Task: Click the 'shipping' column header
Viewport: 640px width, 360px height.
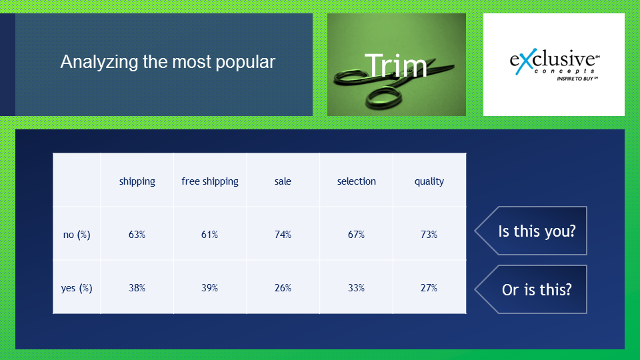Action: click(137, 181)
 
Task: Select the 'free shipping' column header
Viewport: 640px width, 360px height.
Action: click(210, 181)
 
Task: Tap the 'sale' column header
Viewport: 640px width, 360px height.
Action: click(283, 181)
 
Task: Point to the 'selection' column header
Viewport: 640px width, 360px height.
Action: click(356, 181)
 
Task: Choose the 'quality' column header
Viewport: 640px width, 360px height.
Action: click(429, 181)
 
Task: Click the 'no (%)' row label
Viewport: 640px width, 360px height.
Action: click(77, 235)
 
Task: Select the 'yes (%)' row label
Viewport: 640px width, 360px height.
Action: click(77, 288)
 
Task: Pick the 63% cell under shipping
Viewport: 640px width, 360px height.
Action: click(137, 235)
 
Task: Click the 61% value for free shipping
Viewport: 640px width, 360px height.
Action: click(210, 235)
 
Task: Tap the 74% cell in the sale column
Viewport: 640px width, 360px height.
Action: click(283, 235)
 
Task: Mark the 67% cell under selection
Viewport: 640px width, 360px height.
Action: click(356, 235)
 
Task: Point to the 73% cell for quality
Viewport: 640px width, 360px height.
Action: click(429, 235)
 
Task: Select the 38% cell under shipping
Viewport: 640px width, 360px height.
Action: click(137, 288)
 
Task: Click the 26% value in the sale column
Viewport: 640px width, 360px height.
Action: click(283, 288)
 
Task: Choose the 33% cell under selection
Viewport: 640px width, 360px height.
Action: click(356, 288)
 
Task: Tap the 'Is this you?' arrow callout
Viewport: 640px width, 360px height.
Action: click(531, 231)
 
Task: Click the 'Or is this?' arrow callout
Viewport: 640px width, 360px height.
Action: click(531, 289)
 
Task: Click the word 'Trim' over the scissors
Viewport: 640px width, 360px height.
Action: click(395, 65)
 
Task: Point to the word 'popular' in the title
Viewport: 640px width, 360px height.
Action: click(245, 63)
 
